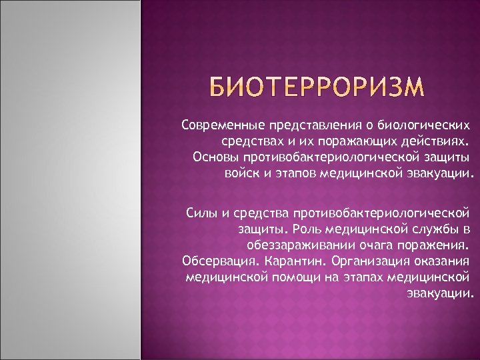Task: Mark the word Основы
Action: click(x=213, y=158)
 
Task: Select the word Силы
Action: click(x=201, y=213)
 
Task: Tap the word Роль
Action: click(x=312, y=229)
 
